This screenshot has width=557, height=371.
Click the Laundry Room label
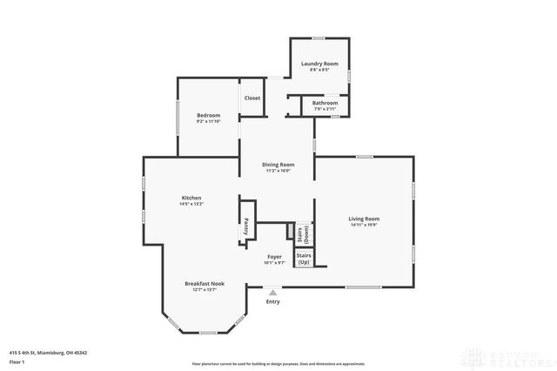tap(319, 64)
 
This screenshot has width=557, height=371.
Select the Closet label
tap(252, 98)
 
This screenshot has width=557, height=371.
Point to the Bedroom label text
tap(208, 116)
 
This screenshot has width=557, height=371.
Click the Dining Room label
tap(278, 165)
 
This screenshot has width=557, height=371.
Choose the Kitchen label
tap(191, 198)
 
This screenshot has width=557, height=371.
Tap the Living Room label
tap(364, 219)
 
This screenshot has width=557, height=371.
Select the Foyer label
tap(274, 257)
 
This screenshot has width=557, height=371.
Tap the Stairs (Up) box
tap(304, 259)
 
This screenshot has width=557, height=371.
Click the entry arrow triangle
tap(273, 293)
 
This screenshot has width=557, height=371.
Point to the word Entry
tap(273, 301)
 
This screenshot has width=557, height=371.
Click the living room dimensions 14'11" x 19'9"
tap(364, 225)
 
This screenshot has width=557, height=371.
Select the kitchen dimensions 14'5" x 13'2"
tap(191, 204)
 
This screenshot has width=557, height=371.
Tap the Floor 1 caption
tap(17, 361)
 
